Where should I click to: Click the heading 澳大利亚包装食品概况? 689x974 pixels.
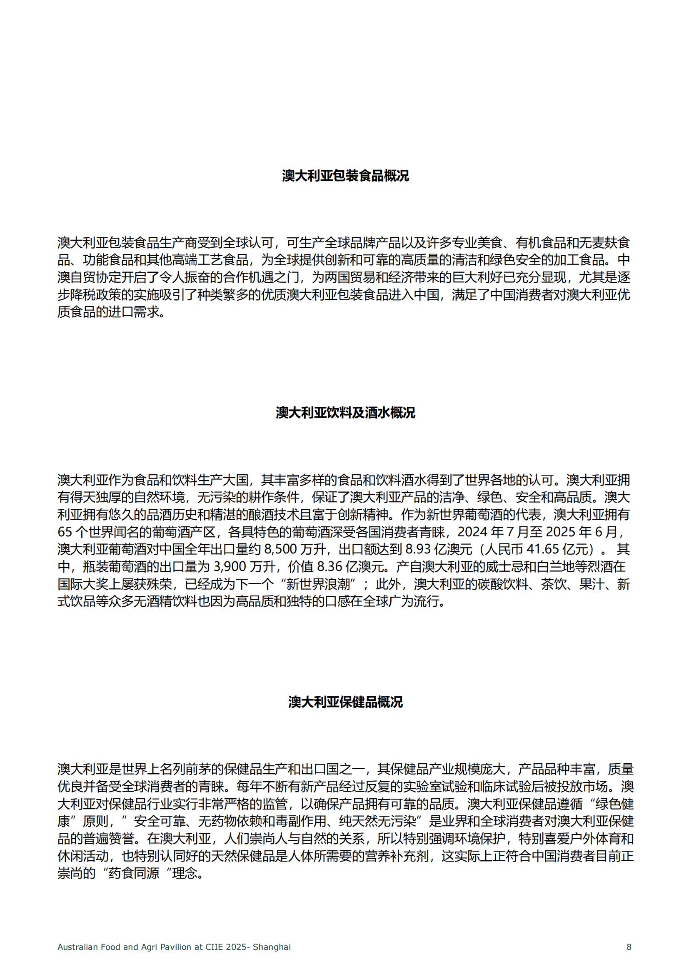pos(345,176)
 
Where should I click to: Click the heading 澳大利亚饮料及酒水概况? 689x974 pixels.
pos(345,412)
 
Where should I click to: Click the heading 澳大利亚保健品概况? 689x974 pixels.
pos(345,702)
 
